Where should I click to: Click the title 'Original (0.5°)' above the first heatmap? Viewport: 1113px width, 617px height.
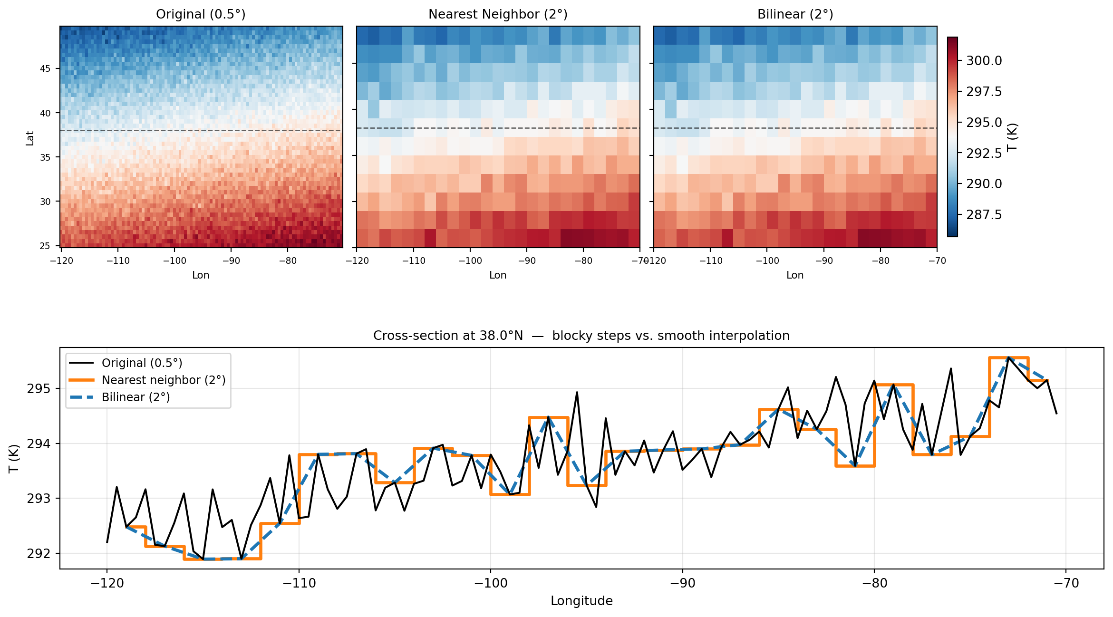click(201, 14)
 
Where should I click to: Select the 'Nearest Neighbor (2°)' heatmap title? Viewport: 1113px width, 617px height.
click(498, 14)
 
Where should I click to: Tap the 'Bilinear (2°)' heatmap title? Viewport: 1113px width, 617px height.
click(795, 14)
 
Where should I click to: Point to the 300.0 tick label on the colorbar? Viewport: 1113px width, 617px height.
click(984, 61)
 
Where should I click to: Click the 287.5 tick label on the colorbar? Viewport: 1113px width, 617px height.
click(984, 215)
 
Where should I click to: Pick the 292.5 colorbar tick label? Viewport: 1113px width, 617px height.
click(984, 153)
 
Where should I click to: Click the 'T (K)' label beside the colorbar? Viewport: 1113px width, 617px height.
click(1013, 137)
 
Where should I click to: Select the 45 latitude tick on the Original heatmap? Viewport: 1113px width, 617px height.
click(45, 69)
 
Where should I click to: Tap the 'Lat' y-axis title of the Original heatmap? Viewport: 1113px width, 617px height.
click(30, 138)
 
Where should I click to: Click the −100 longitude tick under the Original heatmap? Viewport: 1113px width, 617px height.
click(174, 261)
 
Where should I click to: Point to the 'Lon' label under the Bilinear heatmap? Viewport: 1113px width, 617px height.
click(795, 275)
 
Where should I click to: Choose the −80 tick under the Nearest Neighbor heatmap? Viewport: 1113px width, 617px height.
click(583, 261)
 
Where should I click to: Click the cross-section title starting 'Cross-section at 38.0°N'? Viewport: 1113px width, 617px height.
click(581, 336)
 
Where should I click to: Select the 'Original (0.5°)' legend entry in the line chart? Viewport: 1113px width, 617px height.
click(142, 363)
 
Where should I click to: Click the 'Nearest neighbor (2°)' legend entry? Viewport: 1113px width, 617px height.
click(163, 380)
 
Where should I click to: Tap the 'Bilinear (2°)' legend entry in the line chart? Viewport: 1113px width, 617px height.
click(135, 397)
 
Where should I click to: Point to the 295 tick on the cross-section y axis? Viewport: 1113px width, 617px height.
click(38, 389)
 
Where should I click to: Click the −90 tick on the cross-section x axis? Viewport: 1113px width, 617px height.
click(682, 583)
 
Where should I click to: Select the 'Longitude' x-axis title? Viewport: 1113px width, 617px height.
click(581, 601)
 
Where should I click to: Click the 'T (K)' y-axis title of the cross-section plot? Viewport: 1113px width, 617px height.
click(14, 458)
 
